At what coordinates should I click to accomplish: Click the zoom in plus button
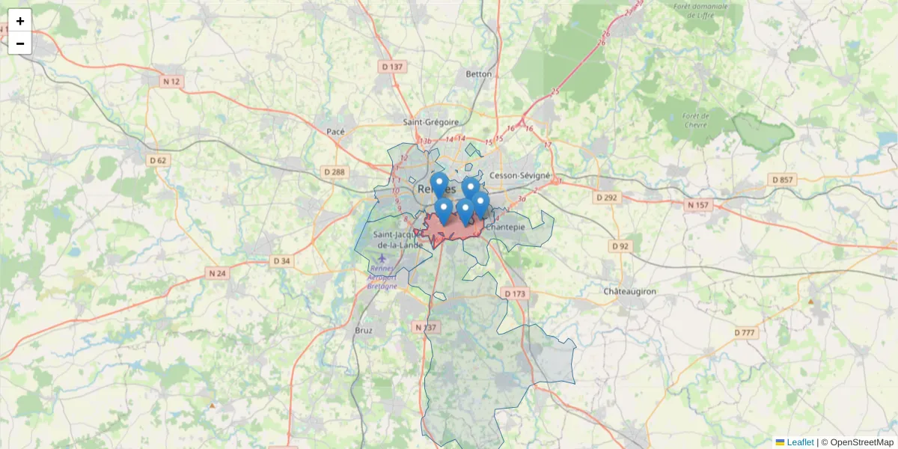(x=19, y=20)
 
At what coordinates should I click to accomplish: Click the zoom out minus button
(x=19, y=43)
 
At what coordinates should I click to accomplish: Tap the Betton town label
(x=479, y=74)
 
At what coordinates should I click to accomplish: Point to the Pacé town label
(x=336, y=132)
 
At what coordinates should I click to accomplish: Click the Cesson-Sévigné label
(x=519, y=175)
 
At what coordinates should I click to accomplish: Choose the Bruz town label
(x=364, y=329)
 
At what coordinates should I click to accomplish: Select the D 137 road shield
(x=392, y=67)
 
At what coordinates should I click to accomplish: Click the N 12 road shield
(x=172, y=81)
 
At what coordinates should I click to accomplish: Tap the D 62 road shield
(x=158, y=160)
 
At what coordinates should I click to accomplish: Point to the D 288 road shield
(x=335, y=172)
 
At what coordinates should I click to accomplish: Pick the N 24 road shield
(x=217, y=273)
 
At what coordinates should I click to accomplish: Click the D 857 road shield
(x=782, y=180)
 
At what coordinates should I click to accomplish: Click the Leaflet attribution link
(x=800, y=442)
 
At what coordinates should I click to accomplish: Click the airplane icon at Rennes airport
(x=382, y=259)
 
